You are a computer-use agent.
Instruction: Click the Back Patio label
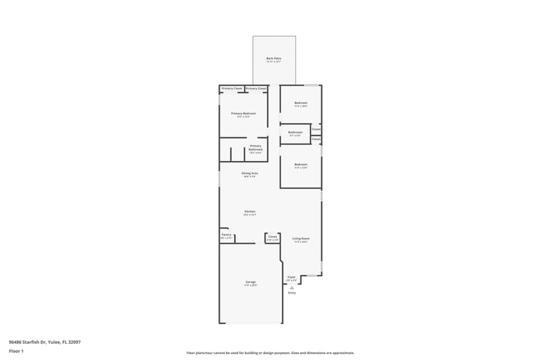(x=273, y=59)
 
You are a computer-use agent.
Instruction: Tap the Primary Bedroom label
(x=243, y=113)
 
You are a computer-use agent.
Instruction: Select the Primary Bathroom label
(x=255, y=146)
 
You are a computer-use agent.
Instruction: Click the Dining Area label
(x=250, y=173)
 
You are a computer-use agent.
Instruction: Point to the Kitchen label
(x=250, y=212)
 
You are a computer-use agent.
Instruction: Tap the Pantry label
(x=226, y=235)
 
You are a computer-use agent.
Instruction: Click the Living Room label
(x=301, y=238)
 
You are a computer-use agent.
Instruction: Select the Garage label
(x=250, y=282)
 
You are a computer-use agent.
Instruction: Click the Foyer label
(x=291, y=277)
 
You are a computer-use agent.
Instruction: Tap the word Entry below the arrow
(x=292, y=293)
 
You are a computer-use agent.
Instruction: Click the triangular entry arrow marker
(x=292, y=287)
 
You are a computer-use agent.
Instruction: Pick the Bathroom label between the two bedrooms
(x=296, y=132)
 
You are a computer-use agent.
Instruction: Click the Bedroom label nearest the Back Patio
(x=301, y=103)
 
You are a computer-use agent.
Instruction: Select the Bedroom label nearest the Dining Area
(x=301, y=164)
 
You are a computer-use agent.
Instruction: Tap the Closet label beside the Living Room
(x=273, y=237)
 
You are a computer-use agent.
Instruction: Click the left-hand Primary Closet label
(x=232, y=89)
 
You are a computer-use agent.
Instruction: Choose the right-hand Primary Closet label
(x=256, y=89)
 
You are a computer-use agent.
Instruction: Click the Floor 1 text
(x=16, y=351)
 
